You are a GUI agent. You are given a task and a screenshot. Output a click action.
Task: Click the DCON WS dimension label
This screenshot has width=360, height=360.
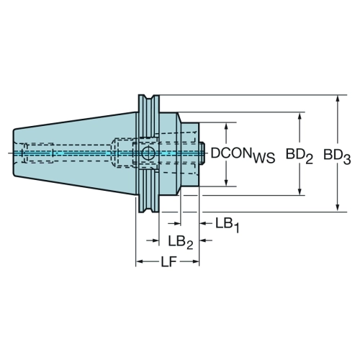[x=243, y=155]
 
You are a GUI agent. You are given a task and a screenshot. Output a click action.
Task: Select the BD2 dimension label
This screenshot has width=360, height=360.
[x=300, y=156]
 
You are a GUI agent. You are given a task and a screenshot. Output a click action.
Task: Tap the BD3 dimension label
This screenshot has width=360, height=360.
[x=337, y=156]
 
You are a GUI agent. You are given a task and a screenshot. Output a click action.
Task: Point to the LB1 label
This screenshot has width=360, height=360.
[x=228, y=225]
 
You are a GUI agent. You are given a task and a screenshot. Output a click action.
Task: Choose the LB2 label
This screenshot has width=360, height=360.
[x=181, y=242]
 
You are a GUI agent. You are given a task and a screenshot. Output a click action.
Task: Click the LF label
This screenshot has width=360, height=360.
[x=168, y=261]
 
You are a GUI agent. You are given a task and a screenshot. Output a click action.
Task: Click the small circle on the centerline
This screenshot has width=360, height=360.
[x=148, y=153]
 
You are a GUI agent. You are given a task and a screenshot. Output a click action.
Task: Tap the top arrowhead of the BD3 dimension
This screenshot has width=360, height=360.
[x=338, y=99]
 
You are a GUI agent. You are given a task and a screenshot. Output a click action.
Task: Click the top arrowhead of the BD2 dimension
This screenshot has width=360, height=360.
[x=300, y=117]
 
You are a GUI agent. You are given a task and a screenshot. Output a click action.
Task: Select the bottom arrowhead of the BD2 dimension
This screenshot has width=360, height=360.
[x=300, y=191]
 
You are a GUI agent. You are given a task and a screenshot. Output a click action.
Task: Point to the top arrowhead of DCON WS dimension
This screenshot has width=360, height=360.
[x=226, y=127]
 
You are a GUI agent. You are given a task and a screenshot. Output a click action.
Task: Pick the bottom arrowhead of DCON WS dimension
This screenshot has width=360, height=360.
[x=226, y=182]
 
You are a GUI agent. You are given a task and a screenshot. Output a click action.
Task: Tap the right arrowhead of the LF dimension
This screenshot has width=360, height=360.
[x=195, y=261]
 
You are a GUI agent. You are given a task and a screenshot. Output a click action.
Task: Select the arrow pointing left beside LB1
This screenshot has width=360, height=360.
[x=206, y=223]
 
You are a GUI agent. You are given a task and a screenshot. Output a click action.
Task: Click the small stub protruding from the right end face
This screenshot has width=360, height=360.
[x=202, y=153]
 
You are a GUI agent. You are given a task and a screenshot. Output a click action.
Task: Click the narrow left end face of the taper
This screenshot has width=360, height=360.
[x=14, y=153]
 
